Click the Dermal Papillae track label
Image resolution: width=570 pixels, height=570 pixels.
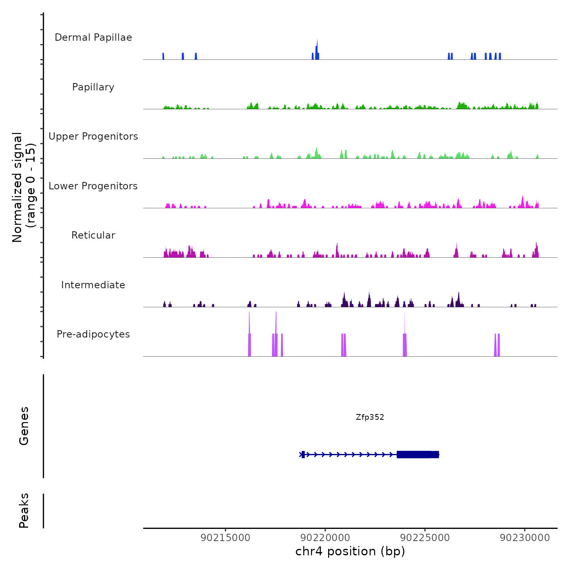[x=93, y=37]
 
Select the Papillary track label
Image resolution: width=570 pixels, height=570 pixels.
[x=93, y=87]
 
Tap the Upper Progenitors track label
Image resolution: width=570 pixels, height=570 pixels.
[x=93, y=136]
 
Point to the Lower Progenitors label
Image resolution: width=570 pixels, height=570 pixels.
[x=93, y=186]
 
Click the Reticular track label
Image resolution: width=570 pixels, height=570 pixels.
[x=93, y=235]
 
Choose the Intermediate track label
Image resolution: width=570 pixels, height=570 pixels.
[x=93, y=285]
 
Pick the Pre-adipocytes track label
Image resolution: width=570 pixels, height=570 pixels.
[x=93, y=334]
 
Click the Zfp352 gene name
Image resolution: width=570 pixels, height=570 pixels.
[x=370, y=417]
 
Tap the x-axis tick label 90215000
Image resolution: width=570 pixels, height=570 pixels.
[x=226, y=537]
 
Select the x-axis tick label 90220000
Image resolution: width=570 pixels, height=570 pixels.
[x=325, y=537]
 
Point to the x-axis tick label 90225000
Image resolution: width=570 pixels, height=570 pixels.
[x=425, y=537]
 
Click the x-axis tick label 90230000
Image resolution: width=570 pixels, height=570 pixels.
[x=525, y=537]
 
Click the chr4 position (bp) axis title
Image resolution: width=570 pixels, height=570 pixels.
[x=350, y=551]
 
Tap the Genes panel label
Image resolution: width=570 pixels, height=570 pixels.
[x=24, y=425]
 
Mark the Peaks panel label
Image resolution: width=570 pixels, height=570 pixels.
[x=24, y=511]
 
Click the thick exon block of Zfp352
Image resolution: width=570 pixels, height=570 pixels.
[x=417, y=454]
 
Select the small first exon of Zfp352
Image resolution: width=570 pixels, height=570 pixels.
[x=303, y=454]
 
